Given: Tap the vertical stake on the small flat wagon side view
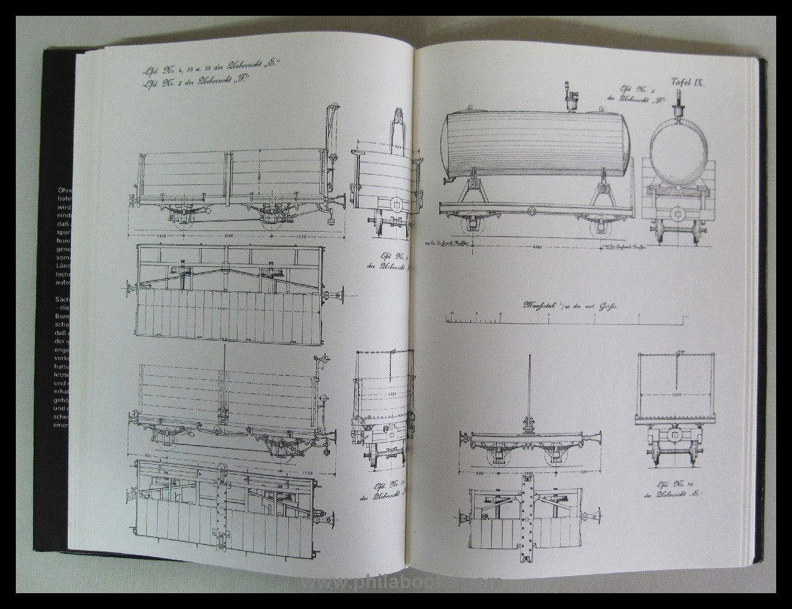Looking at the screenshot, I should coord(527,392).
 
